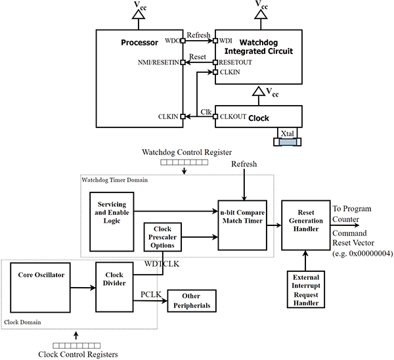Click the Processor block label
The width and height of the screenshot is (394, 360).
click(x=140, y=43)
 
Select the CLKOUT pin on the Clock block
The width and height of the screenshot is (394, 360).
click(x=232, y=116)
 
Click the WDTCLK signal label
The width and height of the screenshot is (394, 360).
click(x=160, y=265)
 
